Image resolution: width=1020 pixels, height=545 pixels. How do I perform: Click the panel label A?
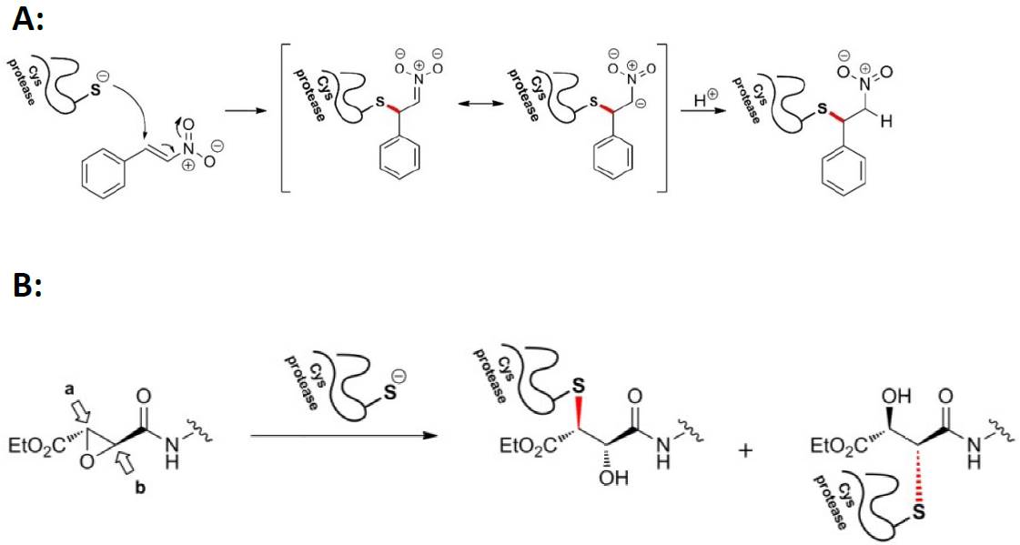(27, 20)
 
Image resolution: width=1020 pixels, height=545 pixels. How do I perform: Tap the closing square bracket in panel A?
(665, 118)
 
